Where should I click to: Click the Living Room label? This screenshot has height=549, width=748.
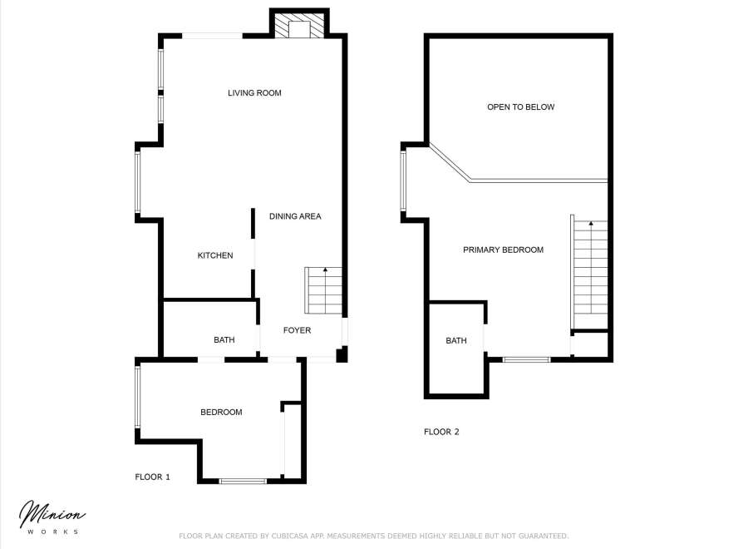click(254, 93)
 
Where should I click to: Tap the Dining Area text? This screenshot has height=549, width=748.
click(295, 216)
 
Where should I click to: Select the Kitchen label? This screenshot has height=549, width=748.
click(215, 255)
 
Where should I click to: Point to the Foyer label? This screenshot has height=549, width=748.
click(297, 330)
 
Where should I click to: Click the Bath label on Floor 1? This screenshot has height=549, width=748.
click(224, 340)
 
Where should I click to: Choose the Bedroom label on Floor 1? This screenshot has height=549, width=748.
click(221, 412)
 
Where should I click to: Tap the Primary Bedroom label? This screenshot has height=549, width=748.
click(504, 250)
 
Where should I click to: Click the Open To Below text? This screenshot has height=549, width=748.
click(520, 107)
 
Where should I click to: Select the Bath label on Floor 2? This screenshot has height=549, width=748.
click(456, 340)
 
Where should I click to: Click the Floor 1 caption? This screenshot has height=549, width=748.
click(152, 477)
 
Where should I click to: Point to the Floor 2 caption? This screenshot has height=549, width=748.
click(441, 432)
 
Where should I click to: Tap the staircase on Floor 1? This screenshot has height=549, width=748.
click(323, 290)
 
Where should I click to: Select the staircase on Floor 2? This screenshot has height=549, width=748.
click(590, 272)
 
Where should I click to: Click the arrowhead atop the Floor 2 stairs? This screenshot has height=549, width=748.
click(591, 223)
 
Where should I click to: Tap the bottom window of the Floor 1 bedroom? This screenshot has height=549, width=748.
click(243, 482)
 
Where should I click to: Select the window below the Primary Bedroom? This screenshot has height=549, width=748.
click(527, 359)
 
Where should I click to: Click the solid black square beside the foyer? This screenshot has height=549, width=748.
click(342, 355)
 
